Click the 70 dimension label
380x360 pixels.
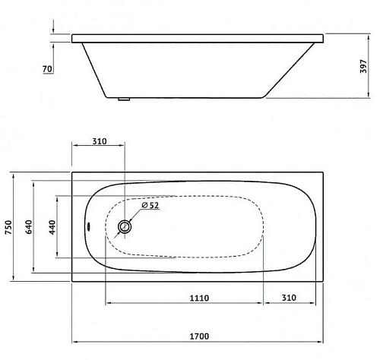[47, 69]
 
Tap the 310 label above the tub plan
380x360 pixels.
[98, 141]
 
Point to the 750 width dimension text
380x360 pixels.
[8, 227]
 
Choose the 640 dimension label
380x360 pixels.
[28, 227]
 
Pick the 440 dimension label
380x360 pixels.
[50, 227]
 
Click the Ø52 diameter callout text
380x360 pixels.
[150, 205]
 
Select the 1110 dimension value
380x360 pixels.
[198, 298]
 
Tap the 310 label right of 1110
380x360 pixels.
[288, 298]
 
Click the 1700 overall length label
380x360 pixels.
[198, 335]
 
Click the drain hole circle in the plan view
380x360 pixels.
[125, 226]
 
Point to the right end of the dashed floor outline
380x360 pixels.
[263, 226]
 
